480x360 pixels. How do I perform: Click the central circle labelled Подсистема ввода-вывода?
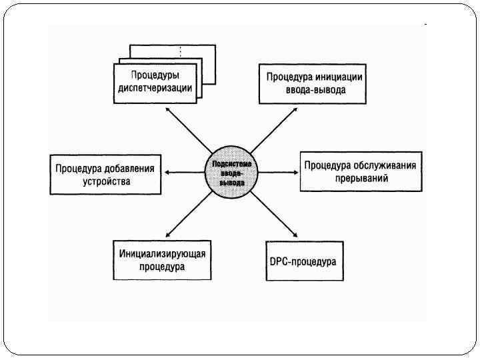(231, 172)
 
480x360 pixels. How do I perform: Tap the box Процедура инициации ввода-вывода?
(311, 83)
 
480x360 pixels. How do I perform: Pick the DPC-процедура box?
(303, 261)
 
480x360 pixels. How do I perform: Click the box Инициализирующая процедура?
(162, 260)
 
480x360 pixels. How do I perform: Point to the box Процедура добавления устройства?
(105, 175)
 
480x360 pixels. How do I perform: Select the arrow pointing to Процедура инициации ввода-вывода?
(273, 129)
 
